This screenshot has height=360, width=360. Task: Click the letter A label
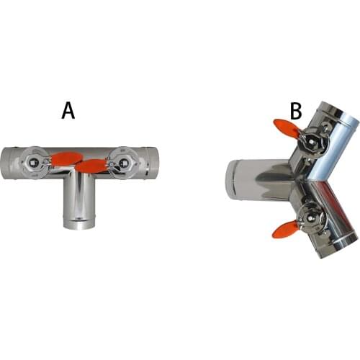click(x=68, y=110)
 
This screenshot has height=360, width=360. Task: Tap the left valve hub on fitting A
click(x=33, y=163)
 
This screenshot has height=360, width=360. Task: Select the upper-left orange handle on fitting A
click(x=61, y=158)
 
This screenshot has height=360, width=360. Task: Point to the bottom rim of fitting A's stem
click(x=78, y=225)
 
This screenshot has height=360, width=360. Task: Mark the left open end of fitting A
click(x=4, y=163)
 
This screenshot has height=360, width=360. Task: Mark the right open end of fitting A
click(x=149, y=163)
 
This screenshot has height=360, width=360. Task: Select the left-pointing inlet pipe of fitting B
click(x=256, y=181)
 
